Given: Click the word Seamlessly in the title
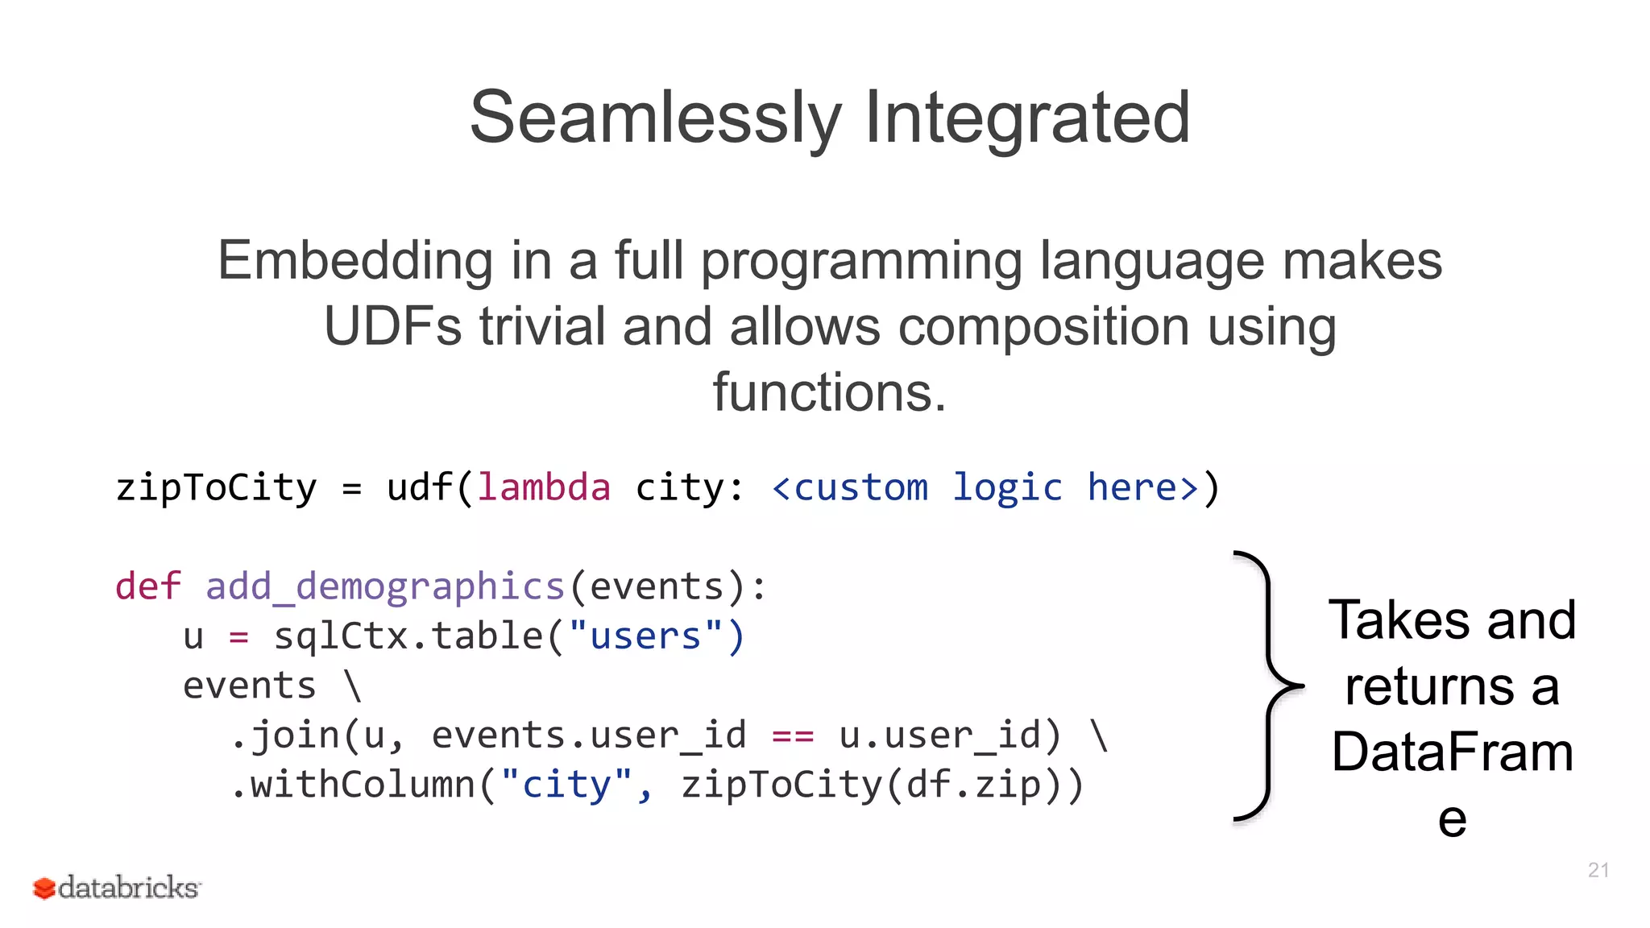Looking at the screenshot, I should pos(654,118).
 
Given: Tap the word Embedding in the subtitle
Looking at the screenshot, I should pos(354,261).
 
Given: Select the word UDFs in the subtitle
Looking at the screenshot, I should pos(393,327).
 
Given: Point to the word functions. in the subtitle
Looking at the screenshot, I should pos(829,392).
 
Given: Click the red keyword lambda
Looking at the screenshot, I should pos(544,487).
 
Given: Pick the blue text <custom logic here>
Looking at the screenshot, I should pos(985,487).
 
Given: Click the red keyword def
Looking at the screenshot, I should pos(147,586).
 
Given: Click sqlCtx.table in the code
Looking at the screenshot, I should pos(408,636).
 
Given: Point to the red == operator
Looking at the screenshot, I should pos(793,735).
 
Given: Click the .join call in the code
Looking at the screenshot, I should pos(286,735).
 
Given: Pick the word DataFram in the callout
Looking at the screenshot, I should pos(1452,752).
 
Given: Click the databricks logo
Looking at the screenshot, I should pos(116,888).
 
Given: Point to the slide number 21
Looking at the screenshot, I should pos(1598,870).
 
